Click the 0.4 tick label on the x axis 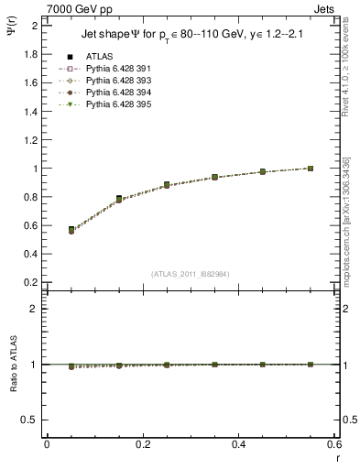pyautogui.click(x=239, y=445)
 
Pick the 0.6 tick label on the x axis pyautogui.click(x=334, y=445)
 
